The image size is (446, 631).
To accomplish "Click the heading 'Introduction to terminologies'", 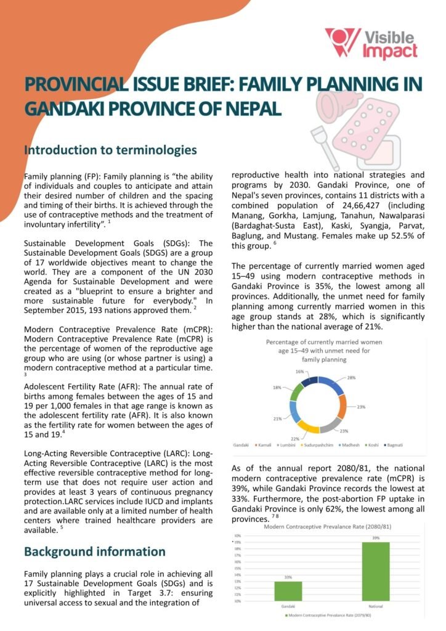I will [110, 150].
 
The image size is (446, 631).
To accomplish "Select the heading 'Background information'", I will [94, 551].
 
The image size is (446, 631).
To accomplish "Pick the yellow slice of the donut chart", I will [310, 425].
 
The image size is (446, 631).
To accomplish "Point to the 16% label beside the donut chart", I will [300, 372].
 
